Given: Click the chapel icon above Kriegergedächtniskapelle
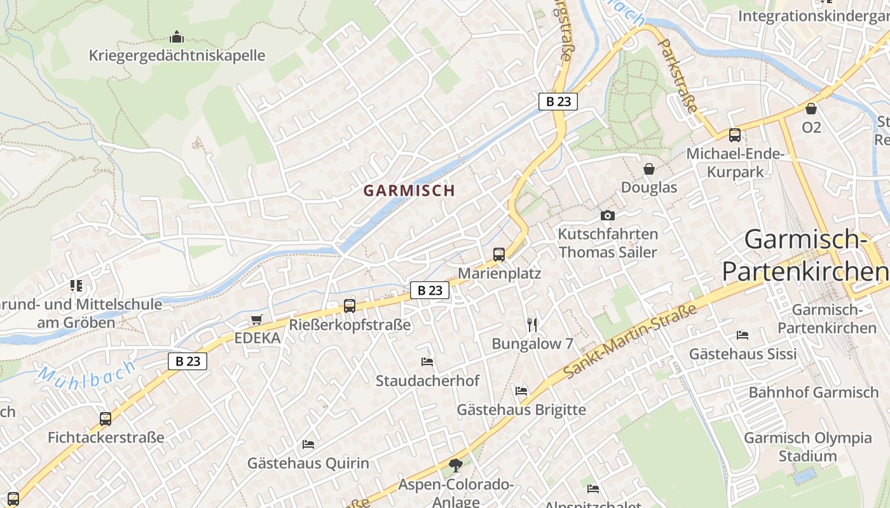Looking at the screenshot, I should pos(177,37).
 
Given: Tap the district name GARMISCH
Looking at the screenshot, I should pos(409,190).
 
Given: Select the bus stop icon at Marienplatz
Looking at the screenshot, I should pos(499,255).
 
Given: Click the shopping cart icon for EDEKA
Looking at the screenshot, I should pos(257,319).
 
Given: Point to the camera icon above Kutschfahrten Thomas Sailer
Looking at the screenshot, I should pos(607,215).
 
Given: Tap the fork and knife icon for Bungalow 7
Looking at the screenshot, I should pos(533,325).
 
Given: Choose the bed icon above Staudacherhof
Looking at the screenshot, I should pos(427,362).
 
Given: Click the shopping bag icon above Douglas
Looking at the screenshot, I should pos(649,169).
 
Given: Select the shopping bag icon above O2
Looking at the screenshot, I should pos(811,109).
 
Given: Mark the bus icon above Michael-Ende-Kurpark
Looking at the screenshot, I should pos(735,135).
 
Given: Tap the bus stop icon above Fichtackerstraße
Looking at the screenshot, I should pos(106,419).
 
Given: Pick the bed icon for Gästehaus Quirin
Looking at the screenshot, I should pos(308,444).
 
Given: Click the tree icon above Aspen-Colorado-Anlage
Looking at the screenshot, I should pos(456,466).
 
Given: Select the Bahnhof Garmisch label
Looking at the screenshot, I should pos(813,392).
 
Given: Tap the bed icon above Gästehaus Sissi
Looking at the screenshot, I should pos(742,335).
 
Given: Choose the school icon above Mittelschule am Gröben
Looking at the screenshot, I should pos(76,286).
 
